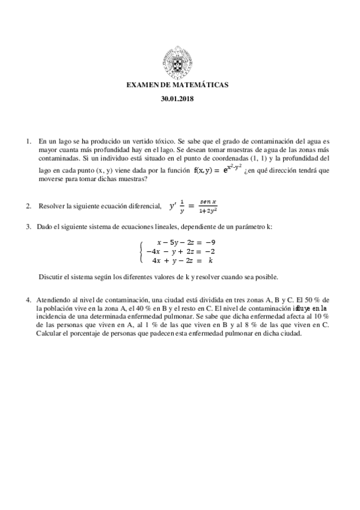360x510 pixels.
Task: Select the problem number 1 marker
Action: pos(28,141)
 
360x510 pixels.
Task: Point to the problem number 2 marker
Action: pos(28,206)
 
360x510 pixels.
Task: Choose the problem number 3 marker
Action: pos(28,227)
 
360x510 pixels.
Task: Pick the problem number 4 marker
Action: pos(28,300)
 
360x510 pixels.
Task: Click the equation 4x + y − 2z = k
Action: pos(182,260)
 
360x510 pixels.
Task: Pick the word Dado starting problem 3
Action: pos(46,227)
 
